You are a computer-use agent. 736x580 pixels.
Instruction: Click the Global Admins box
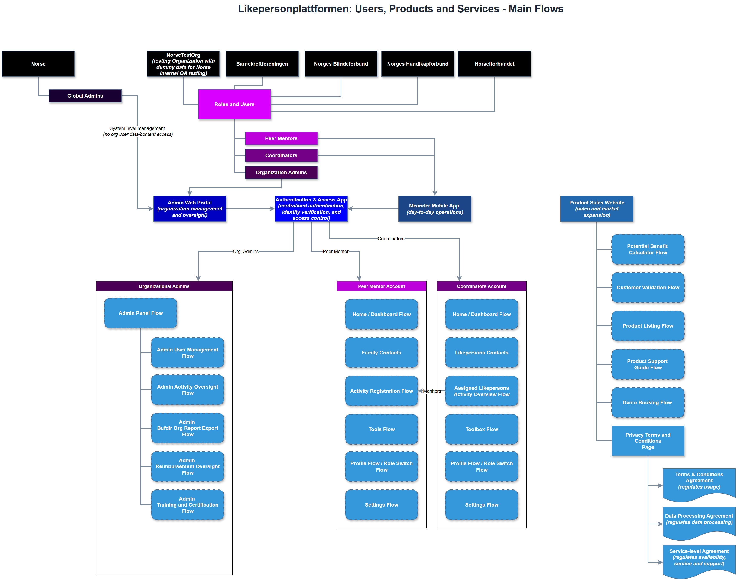[x=85, y=96]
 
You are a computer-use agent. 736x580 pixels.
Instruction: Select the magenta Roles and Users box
[x=234, y=104]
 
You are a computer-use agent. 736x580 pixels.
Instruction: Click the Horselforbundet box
[x=494, y=64]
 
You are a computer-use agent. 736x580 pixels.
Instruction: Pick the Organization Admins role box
[x=281, y=173]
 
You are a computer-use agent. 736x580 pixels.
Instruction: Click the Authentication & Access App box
[x=311, y=209]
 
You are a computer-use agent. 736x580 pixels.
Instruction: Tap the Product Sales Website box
[x=596, y=209]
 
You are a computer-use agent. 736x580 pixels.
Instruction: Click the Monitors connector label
[x=432, y=391]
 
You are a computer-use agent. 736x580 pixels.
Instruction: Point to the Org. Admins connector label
[x=245, y=252]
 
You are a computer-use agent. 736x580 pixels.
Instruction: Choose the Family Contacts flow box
[x=381, y=353]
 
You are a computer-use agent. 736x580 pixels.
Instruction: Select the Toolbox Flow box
[x=482, y=429]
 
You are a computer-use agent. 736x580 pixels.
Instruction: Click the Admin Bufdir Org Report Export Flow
[x=187, y=428]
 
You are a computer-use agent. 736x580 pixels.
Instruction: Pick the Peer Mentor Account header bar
[x=381, y=286]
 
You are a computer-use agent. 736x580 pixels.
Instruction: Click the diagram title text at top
[x=400, y=9]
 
